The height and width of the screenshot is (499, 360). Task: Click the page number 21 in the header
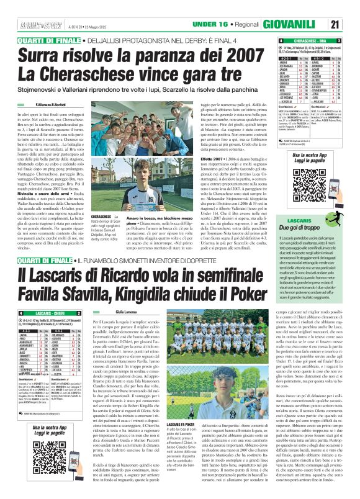349,24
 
